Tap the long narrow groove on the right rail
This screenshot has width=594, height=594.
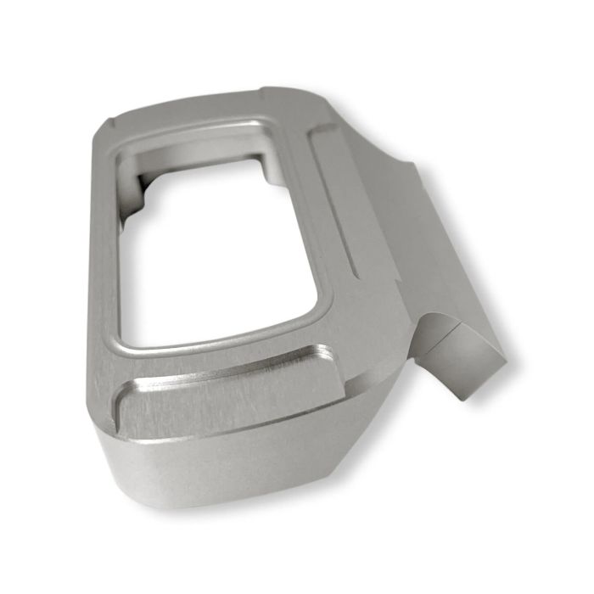click(333, 204)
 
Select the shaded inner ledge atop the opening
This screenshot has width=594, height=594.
click(204, 153)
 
